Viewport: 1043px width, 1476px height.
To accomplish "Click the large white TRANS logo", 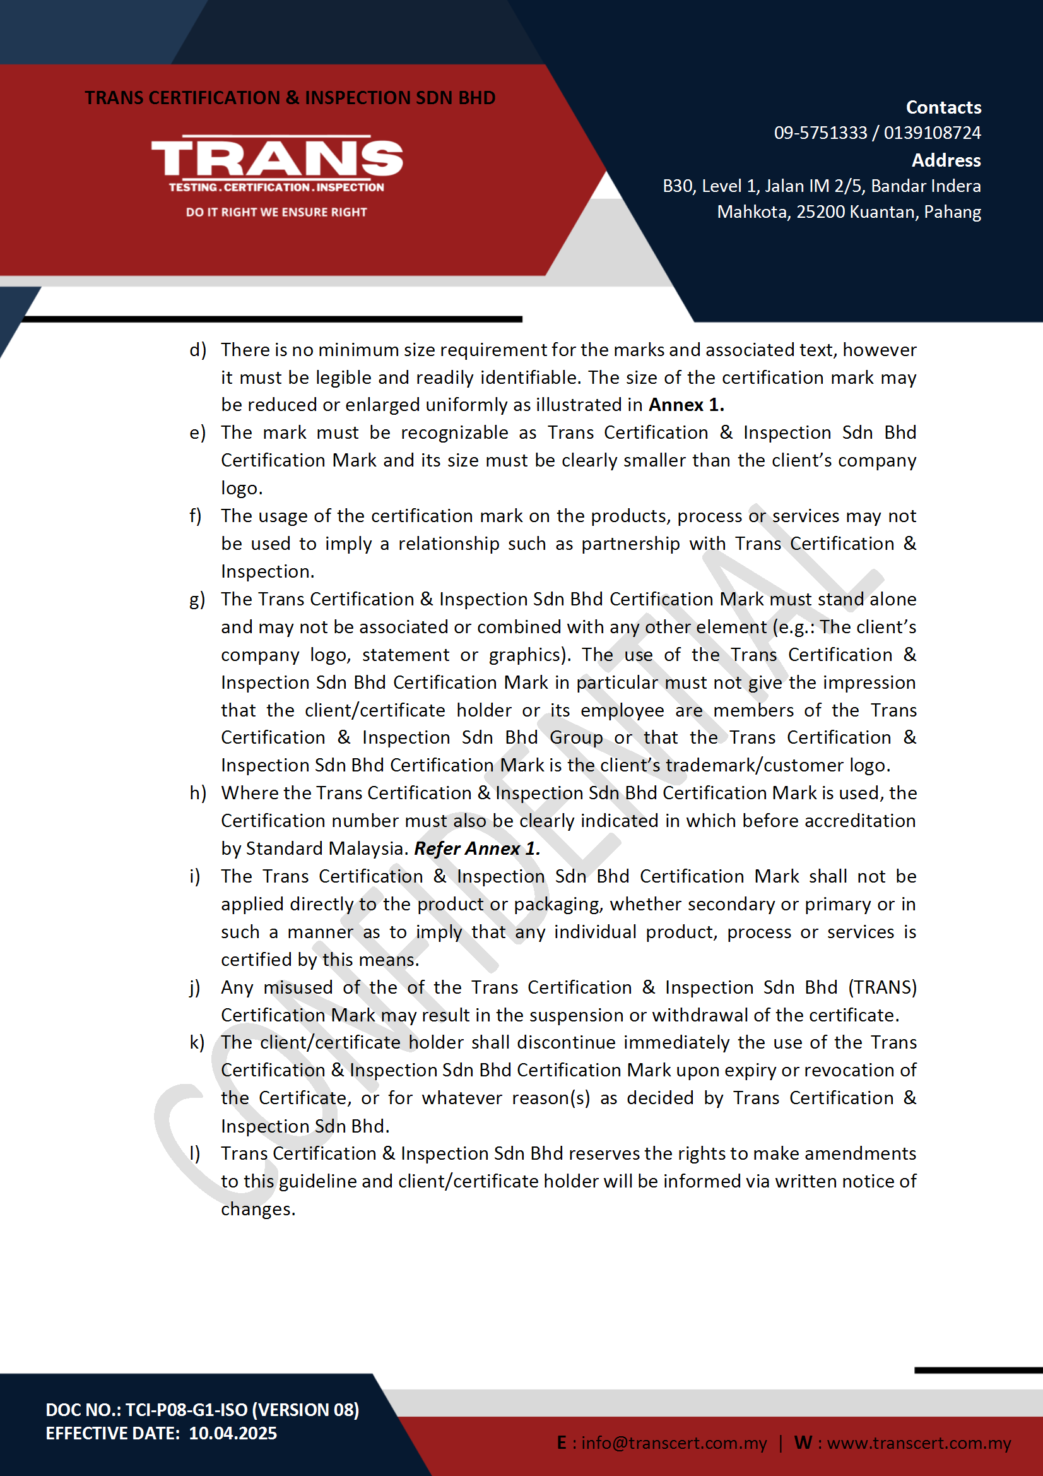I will click(x=276, y=158).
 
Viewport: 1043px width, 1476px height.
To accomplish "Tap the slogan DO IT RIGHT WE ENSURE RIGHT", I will click(x=276, y=212).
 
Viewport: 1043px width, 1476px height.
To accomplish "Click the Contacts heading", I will click(x=943, y=107).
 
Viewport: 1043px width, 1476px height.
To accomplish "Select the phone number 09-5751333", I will click(x=820, y=133).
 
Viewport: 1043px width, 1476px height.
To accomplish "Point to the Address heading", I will click(x=945, y=160).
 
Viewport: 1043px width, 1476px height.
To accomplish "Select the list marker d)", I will click(x=197, y=350).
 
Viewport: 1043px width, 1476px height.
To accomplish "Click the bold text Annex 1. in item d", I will click(x=686, y=405).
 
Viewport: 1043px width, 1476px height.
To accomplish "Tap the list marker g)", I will click(x=197, y=599).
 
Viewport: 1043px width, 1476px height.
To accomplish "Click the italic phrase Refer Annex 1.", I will click(x=477, y=848).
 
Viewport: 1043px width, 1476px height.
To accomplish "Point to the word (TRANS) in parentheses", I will click(x=881, y=987).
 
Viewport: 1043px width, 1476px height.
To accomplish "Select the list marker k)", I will click(x=197, y=1042).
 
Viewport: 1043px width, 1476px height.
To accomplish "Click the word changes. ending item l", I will click(x=257, y=1209).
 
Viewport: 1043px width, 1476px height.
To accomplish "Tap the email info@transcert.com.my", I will click(x=673, y=1443).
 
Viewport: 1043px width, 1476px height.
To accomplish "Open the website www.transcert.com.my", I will click(x=918, y=1443).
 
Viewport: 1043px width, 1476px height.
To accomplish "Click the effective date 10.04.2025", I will click(x=233, y=1434).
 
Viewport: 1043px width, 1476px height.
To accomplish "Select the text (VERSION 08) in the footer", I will click(x=306, y=1410).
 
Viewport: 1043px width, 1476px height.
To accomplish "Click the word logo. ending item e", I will click(x=242, y=489).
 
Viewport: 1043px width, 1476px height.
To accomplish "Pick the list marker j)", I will click(x=196, y=987).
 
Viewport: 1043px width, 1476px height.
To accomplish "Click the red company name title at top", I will click(x=290, y=98).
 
